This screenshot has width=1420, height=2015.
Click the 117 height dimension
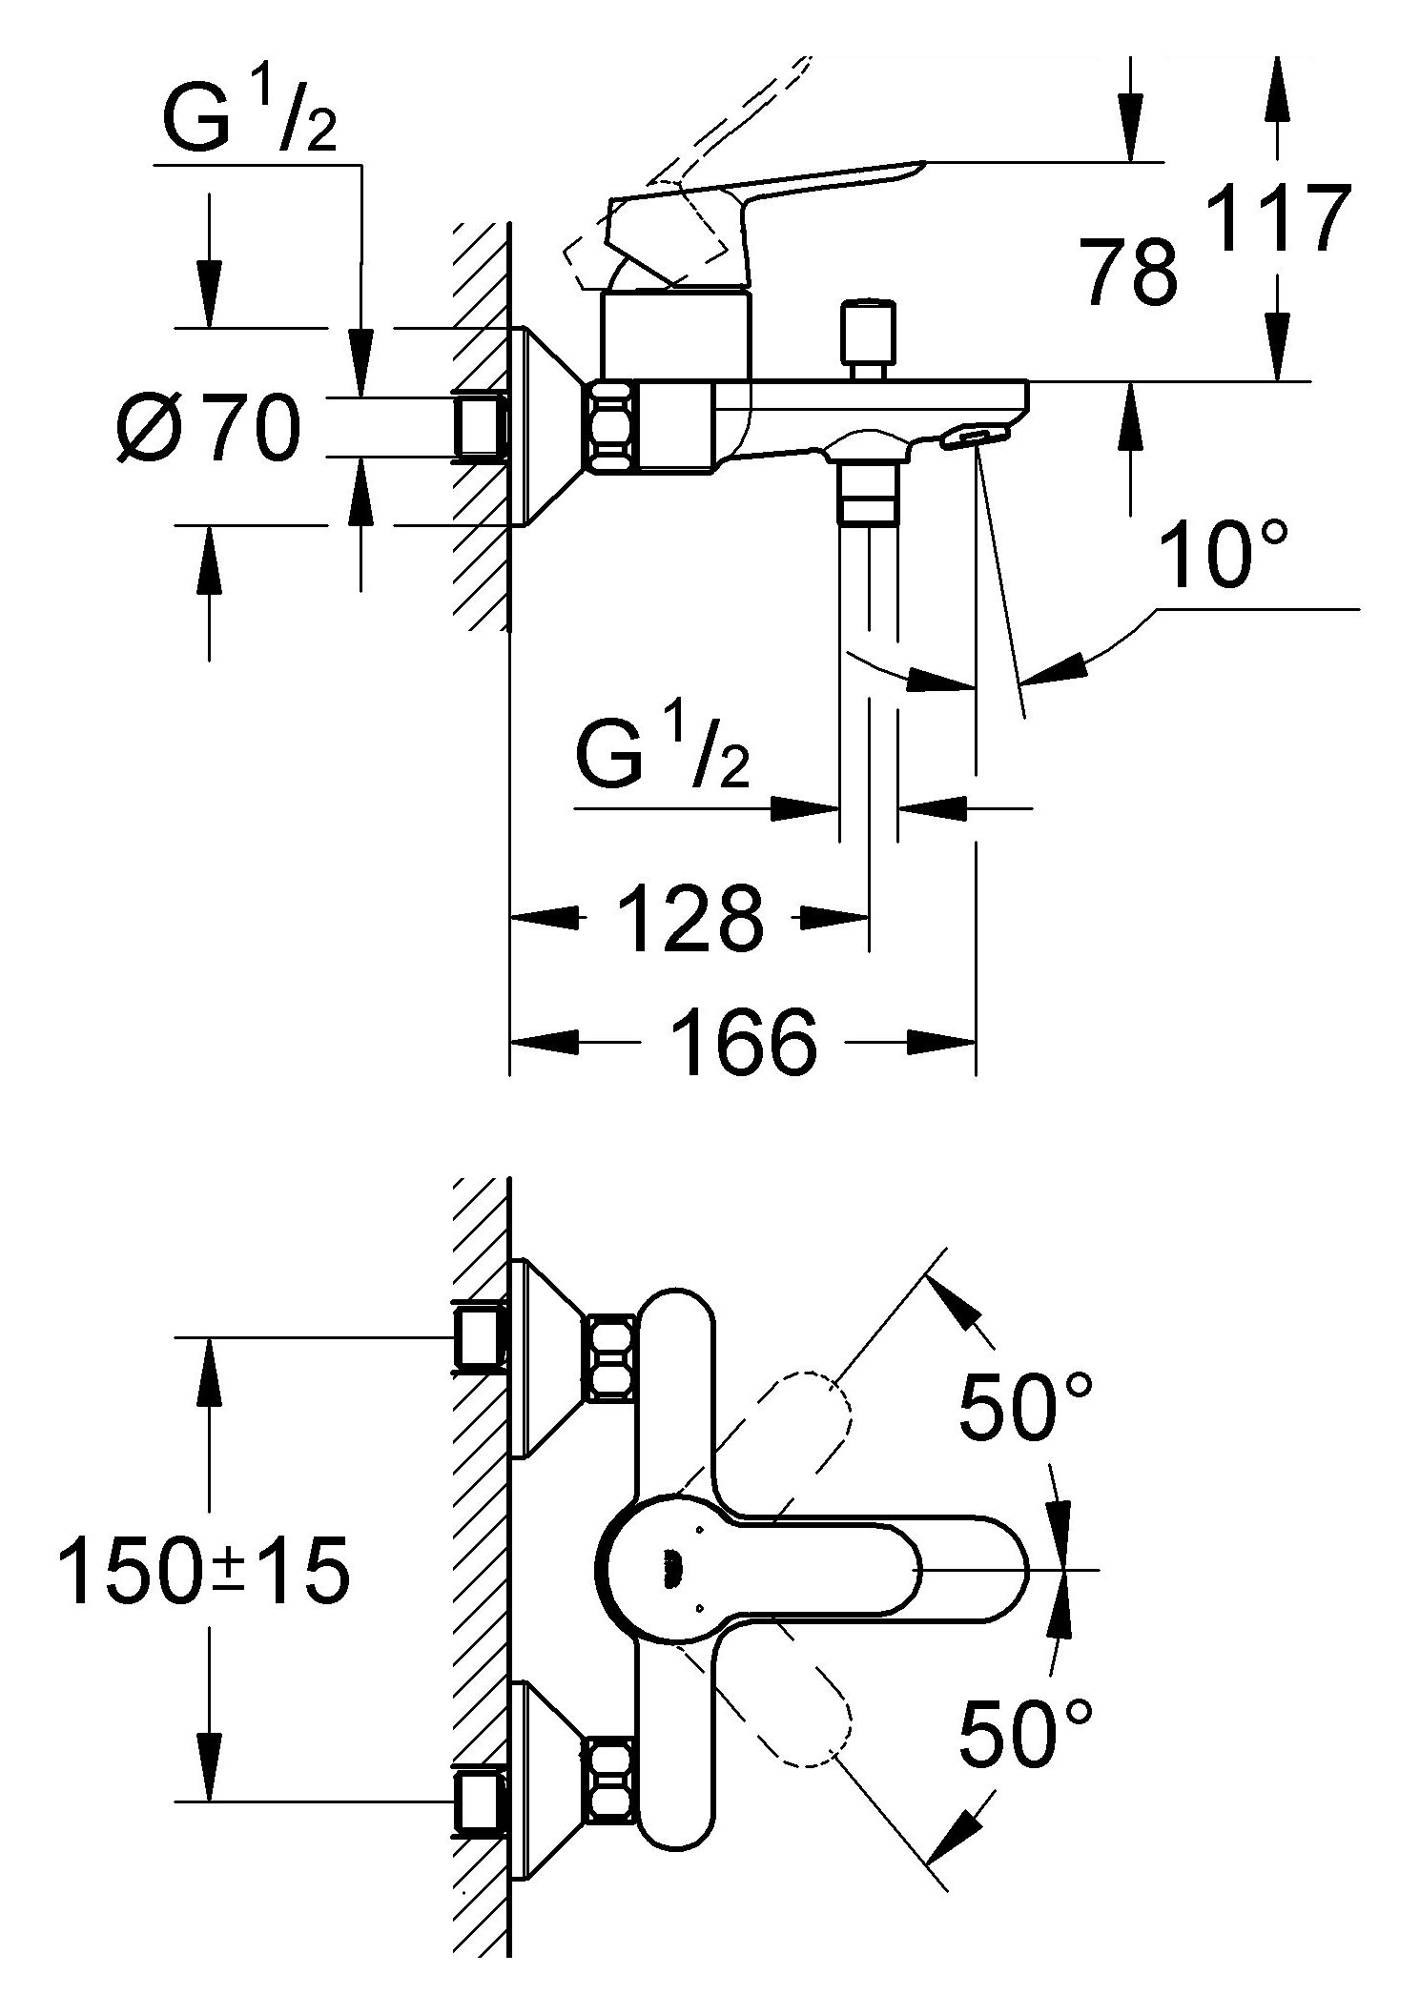pyautogui.click(x=1278, y=220)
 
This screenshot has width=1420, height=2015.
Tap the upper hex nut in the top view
pyautogui.click(x=610, y=1358)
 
